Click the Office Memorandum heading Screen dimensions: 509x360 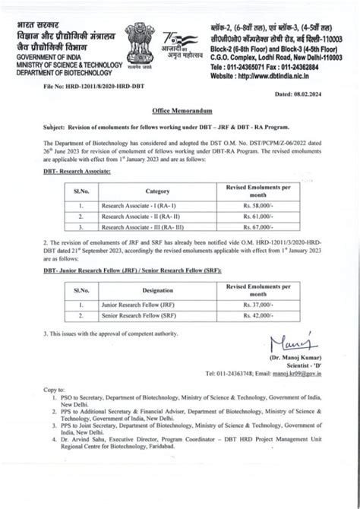tap(180, 112)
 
